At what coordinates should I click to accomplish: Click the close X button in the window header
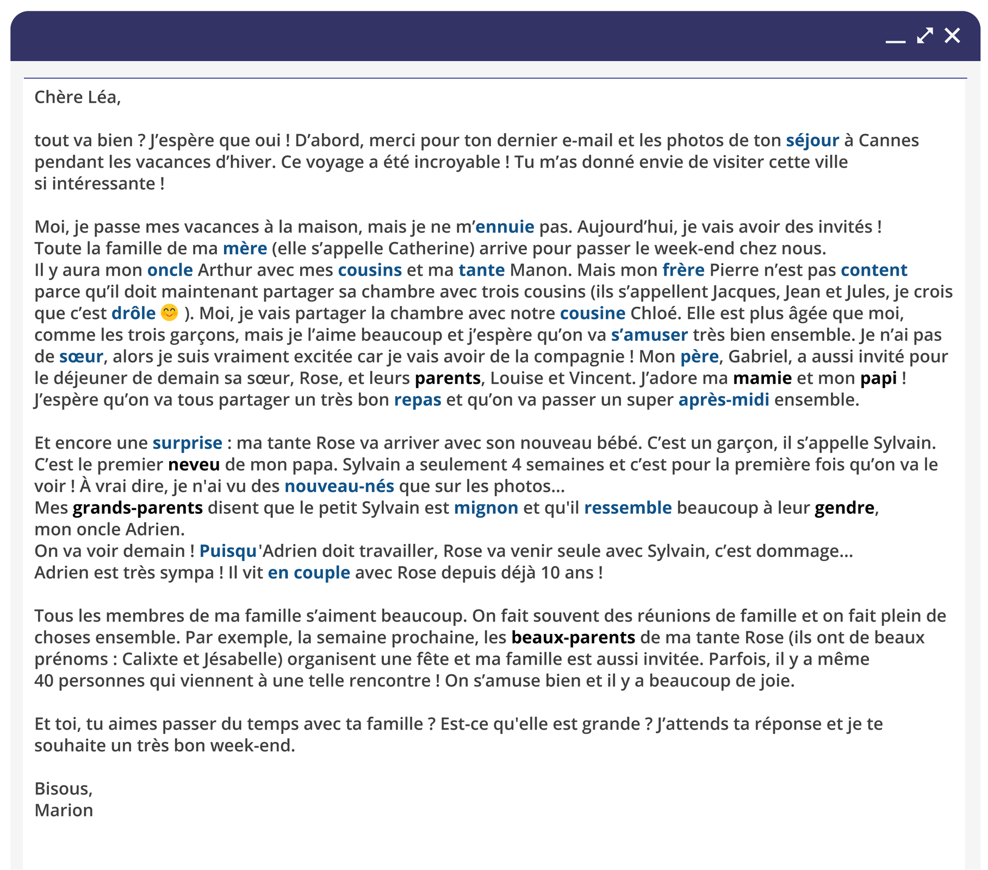(x=952, y=36)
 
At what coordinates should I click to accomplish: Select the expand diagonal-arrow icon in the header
(x=924, y=36)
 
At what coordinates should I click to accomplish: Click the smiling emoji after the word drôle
(x=170, y=313)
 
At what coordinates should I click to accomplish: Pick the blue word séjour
(x=812, y=141)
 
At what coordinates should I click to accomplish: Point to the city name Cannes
(x=888, y=141)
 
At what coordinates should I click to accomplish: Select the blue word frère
(x=683, y=270)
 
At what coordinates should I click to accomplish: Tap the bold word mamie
(x=762, y=378)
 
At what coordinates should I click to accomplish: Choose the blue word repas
(x=417, y=400)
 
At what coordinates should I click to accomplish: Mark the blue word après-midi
(x=723, y=400)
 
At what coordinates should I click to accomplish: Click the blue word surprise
(x=187, y=443)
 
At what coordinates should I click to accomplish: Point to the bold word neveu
(x=194, y=465)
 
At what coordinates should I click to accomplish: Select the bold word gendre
(x=844, y=508)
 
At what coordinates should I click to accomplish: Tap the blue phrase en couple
(x=309, y=573)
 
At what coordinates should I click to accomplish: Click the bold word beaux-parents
(x=573, y=637)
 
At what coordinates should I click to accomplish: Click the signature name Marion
(x=64, y=810)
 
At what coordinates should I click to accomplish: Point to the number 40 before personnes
(x=44, y=681)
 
